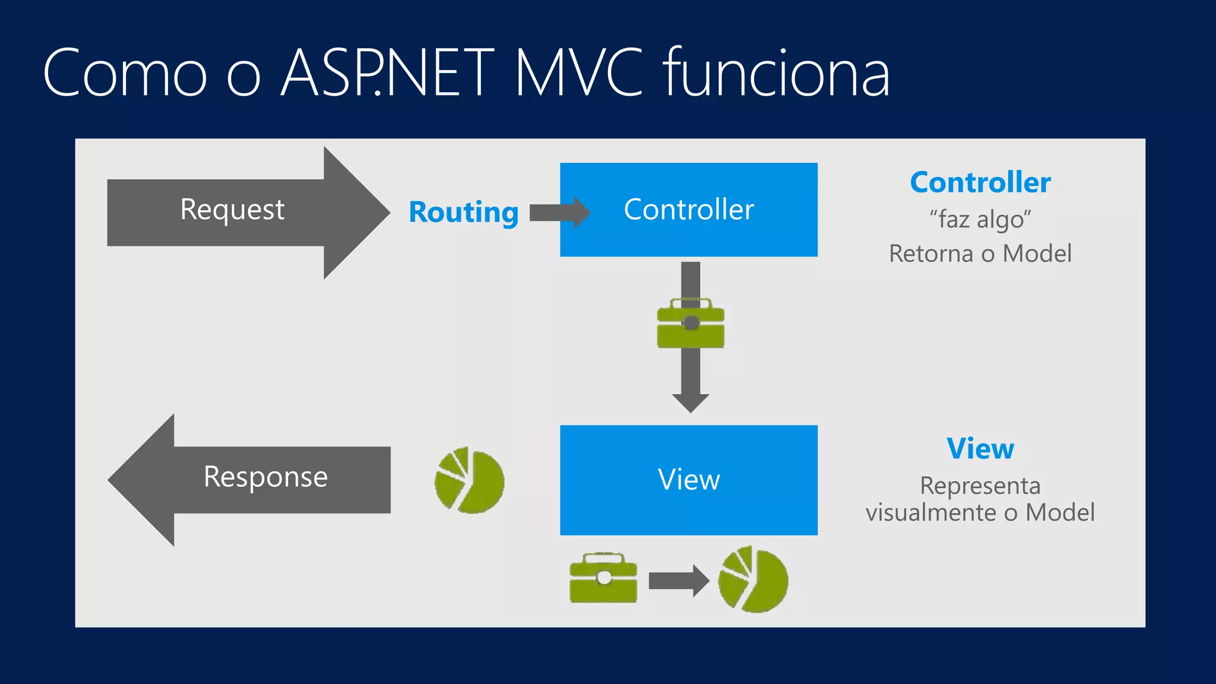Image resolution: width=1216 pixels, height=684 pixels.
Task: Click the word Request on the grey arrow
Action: point(232,210)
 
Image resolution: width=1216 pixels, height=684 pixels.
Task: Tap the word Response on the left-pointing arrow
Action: point(265,477)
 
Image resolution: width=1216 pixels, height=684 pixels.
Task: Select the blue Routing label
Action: point(463,213)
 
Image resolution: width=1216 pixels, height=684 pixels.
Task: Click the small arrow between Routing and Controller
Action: point(559,213)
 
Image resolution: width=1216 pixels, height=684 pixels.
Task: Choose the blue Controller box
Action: point(689,210)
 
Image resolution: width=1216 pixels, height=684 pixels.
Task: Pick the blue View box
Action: point(689,480)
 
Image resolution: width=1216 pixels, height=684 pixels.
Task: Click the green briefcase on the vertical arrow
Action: point(691,324)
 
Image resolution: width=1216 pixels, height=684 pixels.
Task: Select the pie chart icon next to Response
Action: point(470,480)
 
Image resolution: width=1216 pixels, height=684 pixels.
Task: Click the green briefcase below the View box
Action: point(603,579)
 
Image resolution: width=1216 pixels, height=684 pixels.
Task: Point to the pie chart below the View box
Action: point(753,579)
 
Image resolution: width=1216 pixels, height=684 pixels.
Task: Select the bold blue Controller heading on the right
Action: point(980,182)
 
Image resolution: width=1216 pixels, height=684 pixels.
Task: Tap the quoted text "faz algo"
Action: point(980,219)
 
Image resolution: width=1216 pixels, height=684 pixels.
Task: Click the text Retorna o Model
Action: point(980,254)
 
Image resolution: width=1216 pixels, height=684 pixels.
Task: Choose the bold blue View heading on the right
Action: point(980,449)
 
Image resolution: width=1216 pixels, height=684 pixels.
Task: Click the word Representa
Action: point(980,486)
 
